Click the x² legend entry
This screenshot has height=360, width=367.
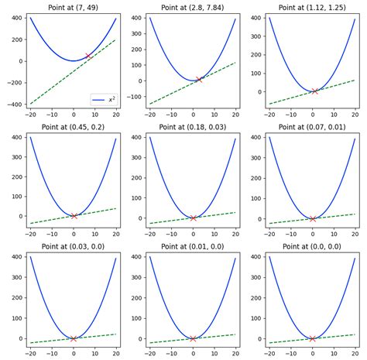pyautogui.click(x=103, y=100)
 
